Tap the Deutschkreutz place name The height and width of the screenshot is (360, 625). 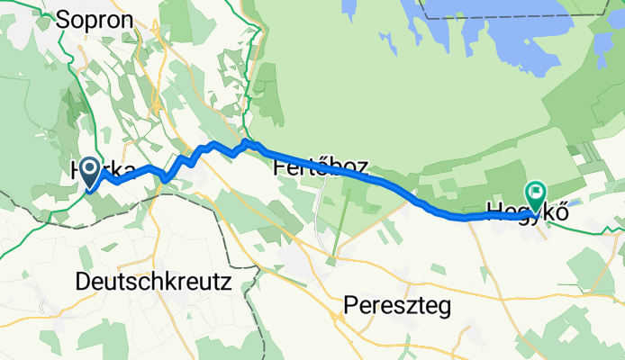pos(154,282)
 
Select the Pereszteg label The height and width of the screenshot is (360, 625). pos(396,307)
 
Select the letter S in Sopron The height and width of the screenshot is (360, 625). pos(63,20)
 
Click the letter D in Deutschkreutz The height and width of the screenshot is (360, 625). pos(84,282)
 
